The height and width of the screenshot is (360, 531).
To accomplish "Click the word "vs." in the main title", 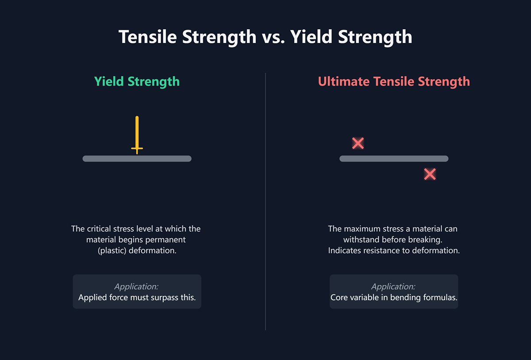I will coord(273,37).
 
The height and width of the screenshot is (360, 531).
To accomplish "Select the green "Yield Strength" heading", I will coord(137,81).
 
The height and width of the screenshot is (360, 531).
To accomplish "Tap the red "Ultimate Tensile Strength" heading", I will coord(394,81).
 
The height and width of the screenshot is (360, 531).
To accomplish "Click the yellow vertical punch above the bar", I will coord(137,133).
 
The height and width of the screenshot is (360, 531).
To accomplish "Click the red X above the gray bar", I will coord(358,143).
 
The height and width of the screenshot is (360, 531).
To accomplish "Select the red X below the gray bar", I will coord(430,174).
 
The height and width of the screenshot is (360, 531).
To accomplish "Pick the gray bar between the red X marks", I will coord(394,159).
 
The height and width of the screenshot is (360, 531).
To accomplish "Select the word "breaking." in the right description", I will coord(427,240).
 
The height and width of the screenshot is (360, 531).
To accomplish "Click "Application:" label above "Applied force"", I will coord(136,286).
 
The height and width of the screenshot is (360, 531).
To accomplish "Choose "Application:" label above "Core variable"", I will coord(393,286).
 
